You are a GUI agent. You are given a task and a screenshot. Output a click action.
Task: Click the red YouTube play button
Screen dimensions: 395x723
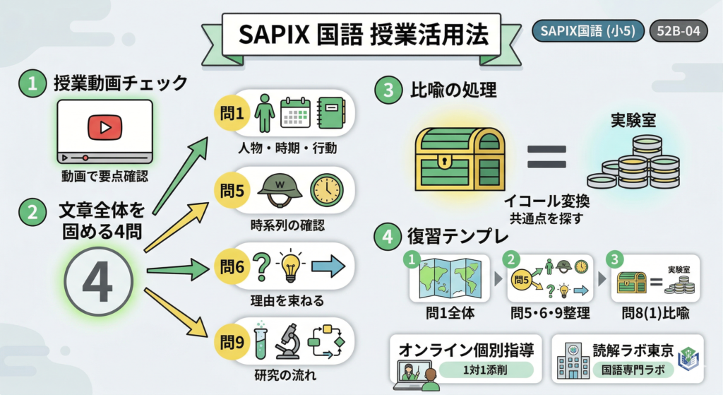(x=103, y=128)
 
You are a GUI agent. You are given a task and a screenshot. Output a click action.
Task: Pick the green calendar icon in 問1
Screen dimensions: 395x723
(x=296, y=112)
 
